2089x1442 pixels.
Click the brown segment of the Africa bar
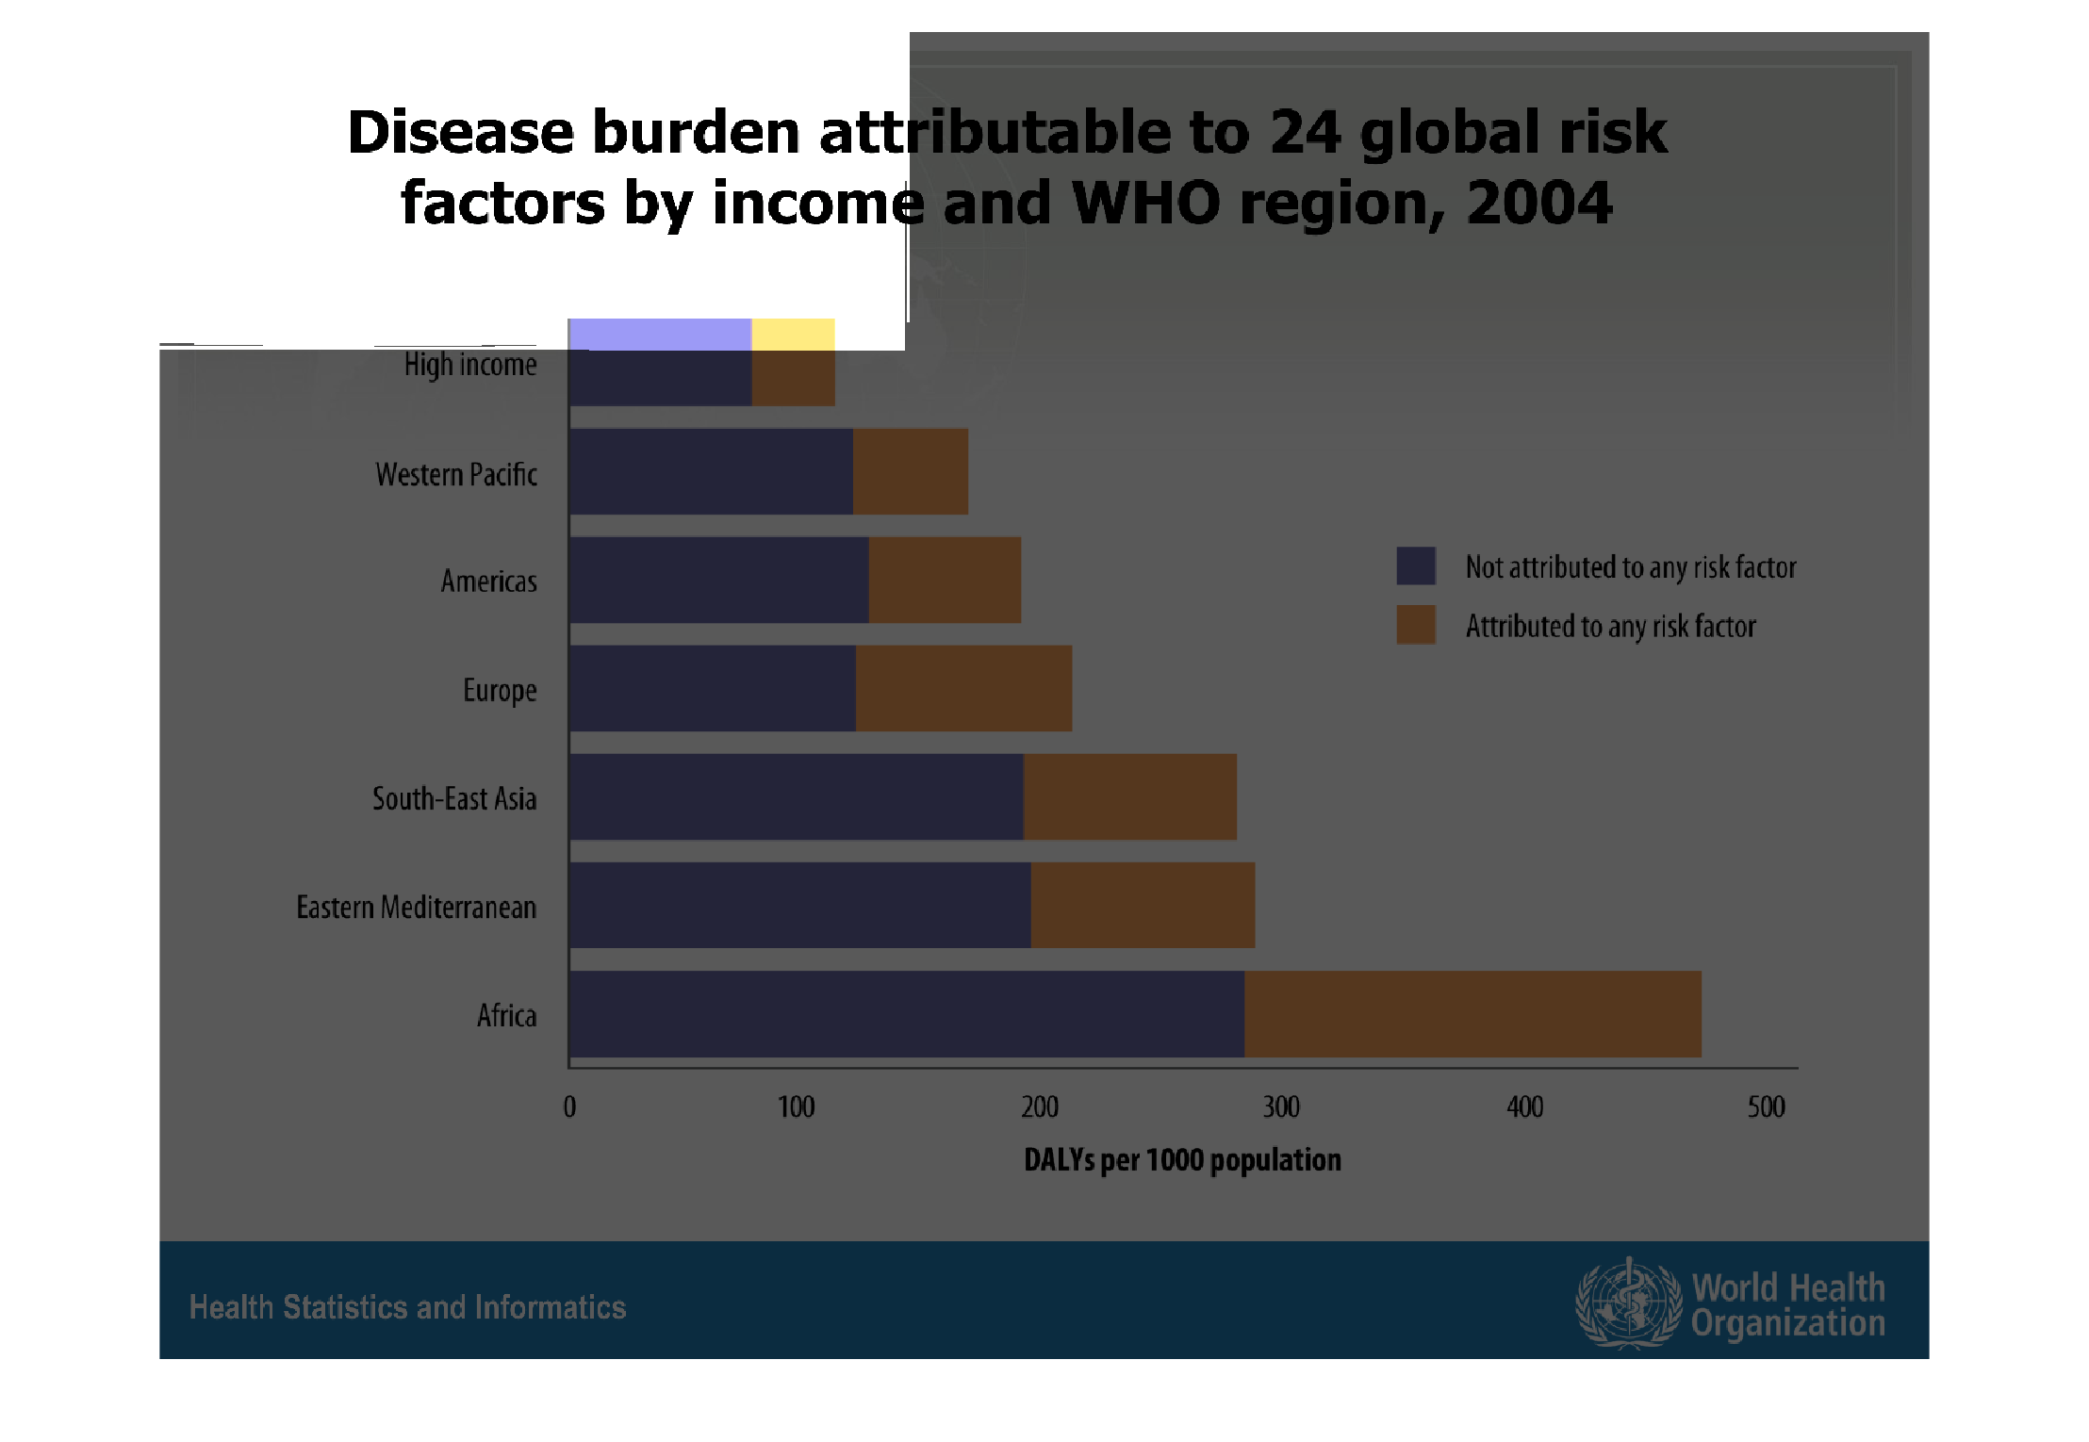pyautogui.click(x=1472, y=1014)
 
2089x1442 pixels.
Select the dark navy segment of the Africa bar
pyautogui.click(x=906, y=1014)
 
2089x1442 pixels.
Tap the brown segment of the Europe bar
pyautogui.click(x=963, y=688)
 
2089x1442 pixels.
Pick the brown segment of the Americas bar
pyautogui.click(x=945, y=580)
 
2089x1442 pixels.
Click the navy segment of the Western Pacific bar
pyautogui.click(x=711, y=471)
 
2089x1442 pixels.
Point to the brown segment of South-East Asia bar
pyautogui.click(x=1129, y=796)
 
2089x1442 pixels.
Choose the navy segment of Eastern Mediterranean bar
pyautogui.click(x=799, y=905)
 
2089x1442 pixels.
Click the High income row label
pyautogui.click(x=470, y=365)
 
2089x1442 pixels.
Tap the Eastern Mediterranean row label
pyautogui.click(x=416, y=907)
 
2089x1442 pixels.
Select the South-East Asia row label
pyautogui.click(x=453, y=798)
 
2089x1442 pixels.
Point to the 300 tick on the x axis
pyautogui.click(x=1281, y=1106)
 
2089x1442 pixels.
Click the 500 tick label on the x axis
pyautogui.click(x=1766, y=1106)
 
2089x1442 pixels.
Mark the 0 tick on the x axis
pyautogui.click(x=569, y=1106)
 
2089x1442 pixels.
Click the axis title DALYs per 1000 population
pyautogui.click(x=1182, y=1159)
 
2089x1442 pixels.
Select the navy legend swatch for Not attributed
pyautogui.click(x=1416, y=565)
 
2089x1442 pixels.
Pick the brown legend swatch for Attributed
pyautogui.click(x=1416, y=624)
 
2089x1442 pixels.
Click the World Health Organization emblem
pyautogui.click(x=1628, y=1303)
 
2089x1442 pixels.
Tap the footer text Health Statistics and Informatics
pyautogui.click(x=407, y=1307)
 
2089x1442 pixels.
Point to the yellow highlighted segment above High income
pyautogui.click(x=793, y=334)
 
